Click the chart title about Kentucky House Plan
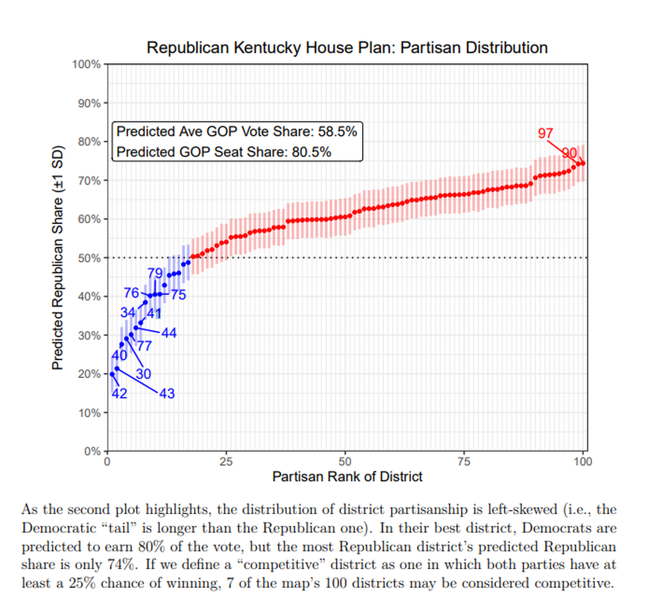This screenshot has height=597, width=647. (x=347, y=48)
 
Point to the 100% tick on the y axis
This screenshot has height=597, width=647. (x=86, y=64)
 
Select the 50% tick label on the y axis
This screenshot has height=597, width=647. (x=89, y=258)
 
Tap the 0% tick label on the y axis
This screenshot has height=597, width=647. (x=91, y=452)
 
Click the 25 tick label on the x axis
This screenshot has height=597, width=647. (x=226, y=462)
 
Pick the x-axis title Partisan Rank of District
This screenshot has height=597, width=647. (x=347, y=477)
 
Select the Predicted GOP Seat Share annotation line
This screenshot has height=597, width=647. (x=224, y=152)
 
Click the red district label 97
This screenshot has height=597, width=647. (x=545, y=134)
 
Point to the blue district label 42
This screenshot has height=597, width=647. (x=119, y=393)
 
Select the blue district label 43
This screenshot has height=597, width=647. (x=166, y=393)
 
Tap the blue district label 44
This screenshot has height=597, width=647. (x=169, y=333)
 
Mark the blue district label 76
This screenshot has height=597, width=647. (x=132, y=293)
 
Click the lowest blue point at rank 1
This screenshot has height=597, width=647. (x=112, y=374)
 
